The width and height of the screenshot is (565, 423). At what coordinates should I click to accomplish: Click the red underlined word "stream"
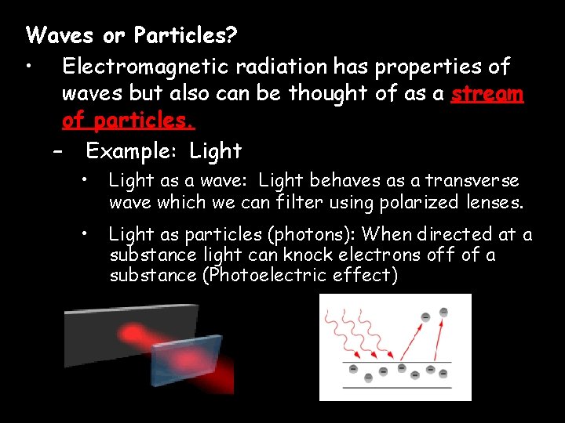pos(487,93)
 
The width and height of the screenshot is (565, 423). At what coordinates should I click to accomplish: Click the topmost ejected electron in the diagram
pos(444,312)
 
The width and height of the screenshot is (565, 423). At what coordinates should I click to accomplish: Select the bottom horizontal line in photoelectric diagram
pos(397,387)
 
